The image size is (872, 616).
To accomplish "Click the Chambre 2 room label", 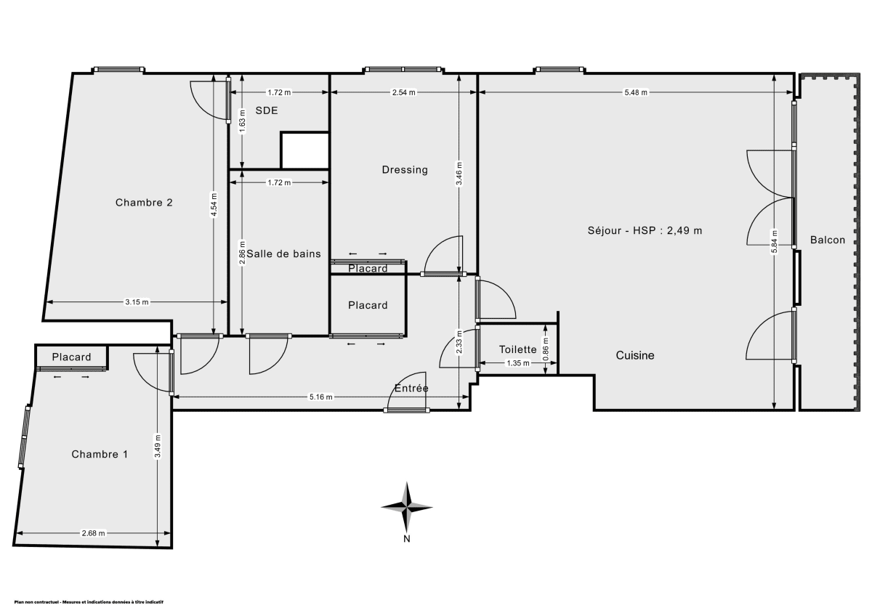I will (143, 203).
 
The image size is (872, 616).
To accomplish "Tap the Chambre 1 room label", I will (100, 454).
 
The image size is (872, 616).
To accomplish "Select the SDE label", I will (267, 111).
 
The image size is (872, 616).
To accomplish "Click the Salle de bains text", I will (283, 254).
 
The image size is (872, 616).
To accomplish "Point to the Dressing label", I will (405, 170).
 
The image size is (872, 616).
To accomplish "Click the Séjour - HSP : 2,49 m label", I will (645, 231).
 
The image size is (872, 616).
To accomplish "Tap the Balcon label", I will (828, 240).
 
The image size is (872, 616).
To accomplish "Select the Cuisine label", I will (635, 355).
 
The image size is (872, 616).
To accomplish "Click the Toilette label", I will (517, 349).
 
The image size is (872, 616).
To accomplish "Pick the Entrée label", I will (411, 389).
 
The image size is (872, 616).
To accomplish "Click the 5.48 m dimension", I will (636, 92).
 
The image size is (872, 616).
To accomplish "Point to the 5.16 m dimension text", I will (320, 397).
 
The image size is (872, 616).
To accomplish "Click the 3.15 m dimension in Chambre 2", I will (137, 302).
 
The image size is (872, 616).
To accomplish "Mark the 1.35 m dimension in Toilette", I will (517, 363).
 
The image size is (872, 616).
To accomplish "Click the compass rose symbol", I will (407, 507).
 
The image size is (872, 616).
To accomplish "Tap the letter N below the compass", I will (407, 538).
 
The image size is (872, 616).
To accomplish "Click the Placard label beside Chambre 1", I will (72, 357).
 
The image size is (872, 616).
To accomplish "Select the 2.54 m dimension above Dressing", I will (403, 92).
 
